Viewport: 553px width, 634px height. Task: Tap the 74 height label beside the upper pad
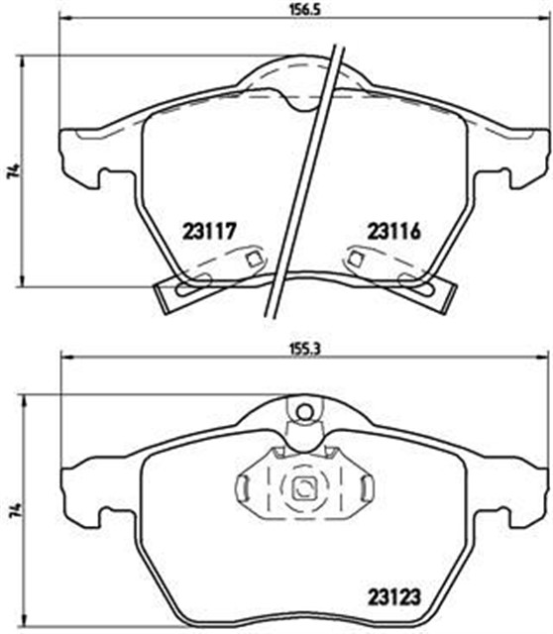(x=13, y=171)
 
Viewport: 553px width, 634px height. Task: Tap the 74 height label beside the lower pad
(x=13, y=508)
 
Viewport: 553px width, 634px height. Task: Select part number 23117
(x=208, y=233)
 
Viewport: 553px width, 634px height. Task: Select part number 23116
(x=394, y=233)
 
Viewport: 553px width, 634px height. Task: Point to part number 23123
(x=395, y=597)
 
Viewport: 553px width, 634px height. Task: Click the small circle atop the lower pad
(x=305, y=408)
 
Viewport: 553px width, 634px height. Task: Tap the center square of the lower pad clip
(x=305, y=487)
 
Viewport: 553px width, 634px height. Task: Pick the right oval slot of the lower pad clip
(x=367, y=487)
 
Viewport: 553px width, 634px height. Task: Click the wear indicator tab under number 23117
(x=180, y=291)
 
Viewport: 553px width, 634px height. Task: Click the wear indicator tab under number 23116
(x=428, y=291)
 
